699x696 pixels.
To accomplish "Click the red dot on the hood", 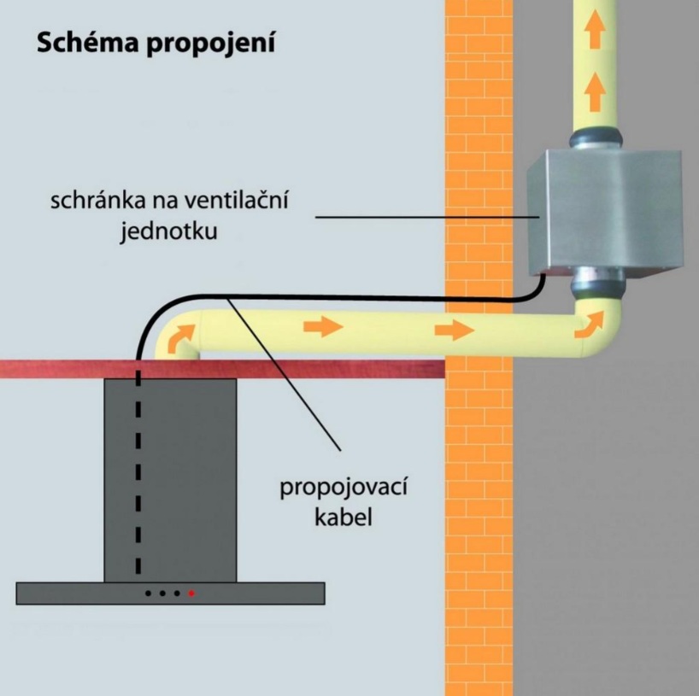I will tap(191, 592).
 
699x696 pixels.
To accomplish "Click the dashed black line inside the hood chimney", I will tap(138, 478).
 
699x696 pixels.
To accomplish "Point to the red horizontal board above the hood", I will tap(256, 368).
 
